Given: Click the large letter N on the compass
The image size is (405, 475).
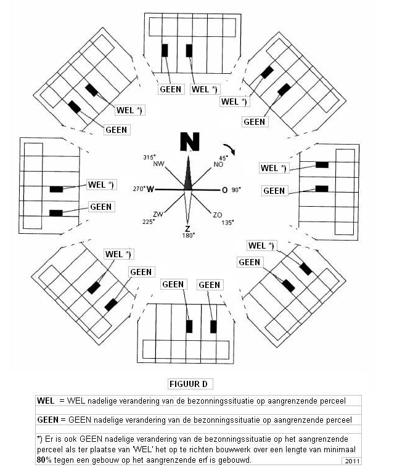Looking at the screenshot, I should (190, 142).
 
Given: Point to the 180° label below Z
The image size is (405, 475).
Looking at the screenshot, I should (187, 235).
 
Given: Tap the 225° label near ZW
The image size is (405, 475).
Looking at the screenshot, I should (149, 222).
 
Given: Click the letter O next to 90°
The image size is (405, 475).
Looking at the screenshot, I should (224, 190).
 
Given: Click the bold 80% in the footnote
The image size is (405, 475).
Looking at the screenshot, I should (44, 459).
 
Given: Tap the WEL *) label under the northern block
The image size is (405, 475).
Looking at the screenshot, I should (205, 89).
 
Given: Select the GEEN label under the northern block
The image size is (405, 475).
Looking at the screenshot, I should (170, 89).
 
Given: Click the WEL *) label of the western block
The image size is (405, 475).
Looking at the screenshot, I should (102, 184).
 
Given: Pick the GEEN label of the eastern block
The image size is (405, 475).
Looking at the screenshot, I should (274, 191).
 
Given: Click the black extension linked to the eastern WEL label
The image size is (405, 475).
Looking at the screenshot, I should (321, 164).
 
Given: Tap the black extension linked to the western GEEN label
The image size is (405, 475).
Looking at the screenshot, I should (56, 213).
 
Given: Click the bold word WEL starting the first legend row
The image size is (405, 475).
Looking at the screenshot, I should (46, 401).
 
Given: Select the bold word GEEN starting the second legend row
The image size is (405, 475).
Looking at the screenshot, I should (49, 420).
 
